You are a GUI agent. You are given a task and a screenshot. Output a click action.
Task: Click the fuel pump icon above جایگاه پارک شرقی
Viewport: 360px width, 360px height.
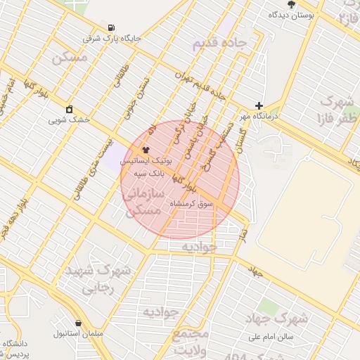[x=112, y=28]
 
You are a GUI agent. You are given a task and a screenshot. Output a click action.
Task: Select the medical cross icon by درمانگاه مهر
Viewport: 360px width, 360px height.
[x=259, y=105]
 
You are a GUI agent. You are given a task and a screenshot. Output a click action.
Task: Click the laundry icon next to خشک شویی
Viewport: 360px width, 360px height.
[x=69, y=109]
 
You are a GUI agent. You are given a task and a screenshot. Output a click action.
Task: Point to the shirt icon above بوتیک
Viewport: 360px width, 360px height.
[x=146, y=150]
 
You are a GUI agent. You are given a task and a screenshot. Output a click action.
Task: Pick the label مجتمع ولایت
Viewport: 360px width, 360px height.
[x=191, y=342]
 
